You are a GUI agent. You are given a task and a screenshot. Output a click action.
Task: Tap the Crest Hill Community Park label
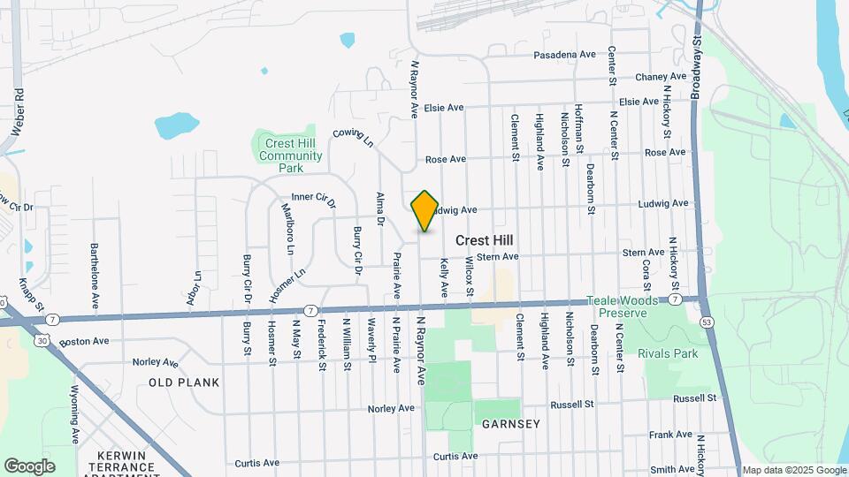pyautogui.click(x=291, y=155)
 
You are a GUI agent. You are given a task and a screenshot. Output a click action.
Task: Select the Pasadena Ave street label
pyautogui.click(x=564, y=55)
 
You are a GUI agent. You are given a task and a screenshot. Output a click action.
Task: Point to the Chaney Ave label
pyautogui.click(x=661, y=78)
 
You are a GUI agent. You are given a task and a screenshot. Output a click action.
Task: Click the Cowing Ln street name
pyautogui.click(x=354, y=139)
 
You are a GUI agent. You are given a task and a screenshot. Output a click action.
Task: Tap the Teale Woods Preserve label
pyautogui.click(x=628, y=307)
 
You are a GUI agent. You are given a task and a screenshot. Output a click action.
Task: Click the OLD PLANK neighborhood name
pyautogui.click(x=184, y=382)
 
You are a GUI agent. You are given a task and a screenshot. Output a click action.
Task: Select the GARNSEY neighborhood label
pyautogui.click(x=511, y=424)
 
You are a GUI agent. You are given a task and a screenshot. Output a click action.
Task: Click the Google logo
pyautogui.click(x=29, y=466)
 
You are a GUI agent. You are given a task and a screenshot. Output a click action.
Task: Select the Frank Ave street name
pyautogui.click(x=671, y=435)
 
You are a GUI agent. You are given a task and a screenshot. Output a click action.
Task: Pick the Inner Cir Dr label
pyautogui.click(x=313, y=201)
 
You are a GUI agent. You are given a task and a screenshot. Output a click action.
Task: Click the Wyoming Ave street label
pyautogui.click(x=75, y=415)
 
